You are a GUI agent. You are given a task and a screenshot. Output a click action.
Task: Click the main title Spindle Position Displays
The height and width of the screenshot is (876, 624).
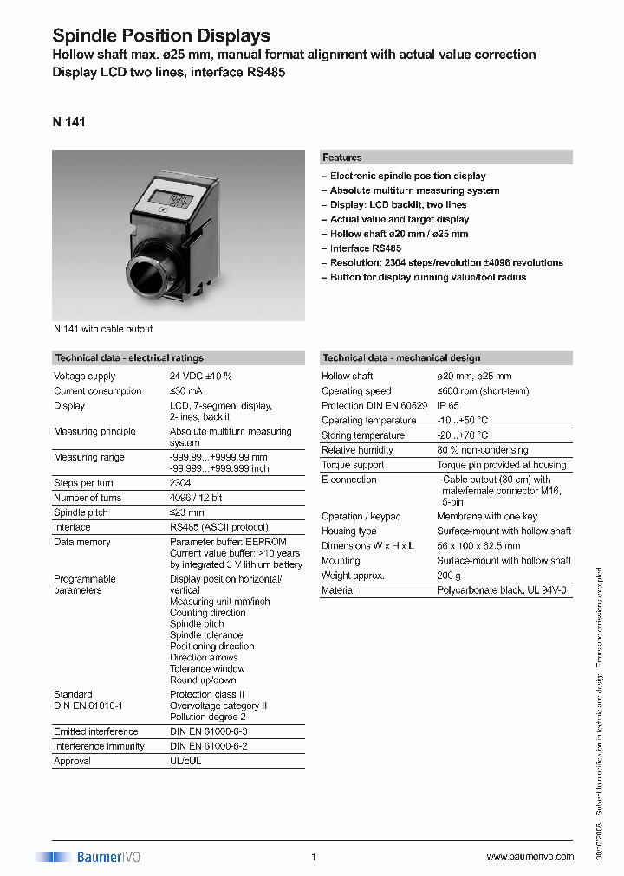pos(161,35)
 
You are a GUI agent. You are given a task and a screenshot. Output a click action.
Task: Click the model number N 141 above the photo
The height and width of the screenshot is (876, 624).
pos(68,122)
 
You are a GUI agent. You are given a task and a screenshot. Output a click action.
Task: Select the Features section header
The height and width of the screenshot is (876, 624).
pos(342,158)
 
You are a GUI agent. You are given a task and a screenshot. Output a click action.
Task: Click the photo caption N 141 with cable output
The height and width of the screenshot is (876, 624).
pos(102,329)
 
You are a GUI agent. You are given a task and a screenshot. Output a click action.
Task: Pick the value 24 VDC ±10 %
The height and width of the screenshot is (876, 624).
pos(201,377)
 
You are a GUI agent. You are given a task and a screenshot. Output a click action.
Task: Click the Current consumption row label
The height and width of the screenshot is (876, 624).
pos(98,391)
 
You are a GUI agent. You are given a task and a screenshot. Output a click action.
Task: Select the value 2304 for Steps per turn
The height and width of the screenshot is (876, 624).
pos(181,483)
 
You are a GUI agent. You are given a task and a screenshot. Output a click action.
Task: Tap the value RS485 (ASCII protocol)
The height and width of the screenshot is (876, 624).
pos(219,527)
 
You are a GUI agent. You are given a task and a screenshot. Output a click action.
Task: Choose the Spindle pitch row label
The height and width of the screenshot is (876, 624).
pos(81,512)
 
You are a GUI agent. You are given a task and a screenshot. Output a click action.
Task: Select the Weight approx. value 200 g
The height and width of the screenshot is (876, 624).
pos(449,576)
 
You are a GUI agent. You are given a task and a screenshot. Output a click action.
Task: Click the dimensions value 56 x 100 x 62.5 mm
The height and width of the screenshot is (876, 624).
pos(478,546)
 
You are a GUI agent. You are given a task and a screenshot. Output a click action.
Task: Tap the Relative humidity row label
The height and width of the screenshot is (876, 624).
pos(357,450)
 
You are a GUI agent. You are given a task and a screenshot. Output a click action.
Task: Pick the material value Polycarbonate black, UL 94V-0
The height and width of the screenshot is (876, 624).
pos(502,590)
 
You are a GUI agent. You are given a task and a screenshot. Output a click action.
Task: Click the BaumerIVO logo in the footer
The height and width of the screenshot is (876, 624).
pos(88,856)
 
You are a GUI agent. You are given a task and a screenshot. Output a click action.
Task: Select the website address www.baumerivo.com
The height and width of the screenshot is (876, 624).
pos(530,857)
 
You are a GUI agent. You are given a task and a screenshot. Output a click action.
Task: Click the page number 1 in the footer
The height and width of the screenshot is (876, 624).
pos(313,857)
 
